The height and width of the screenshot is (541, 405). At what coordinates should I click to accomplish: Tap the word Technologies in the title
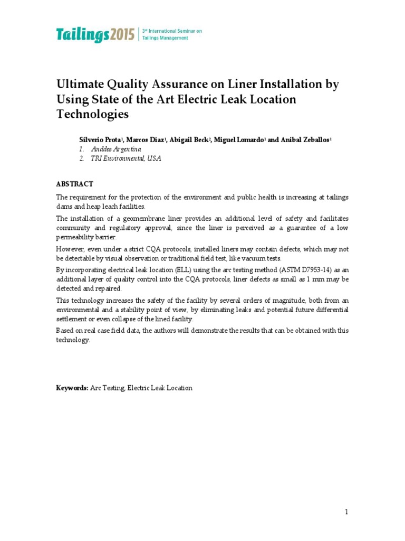pyautogui.click(x=92, y=114)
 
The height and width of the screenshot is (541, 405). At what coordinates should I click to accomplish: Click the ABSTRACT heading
pyautogui.click(x=75, y=184)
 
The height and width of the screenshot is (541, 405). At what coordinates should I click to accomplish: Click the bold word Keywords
pyautogui.click(x=72, y=388)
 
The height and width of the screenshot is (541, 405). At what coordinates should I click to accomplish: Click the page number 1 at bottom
pyautogui.click(x=346, y=512)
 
